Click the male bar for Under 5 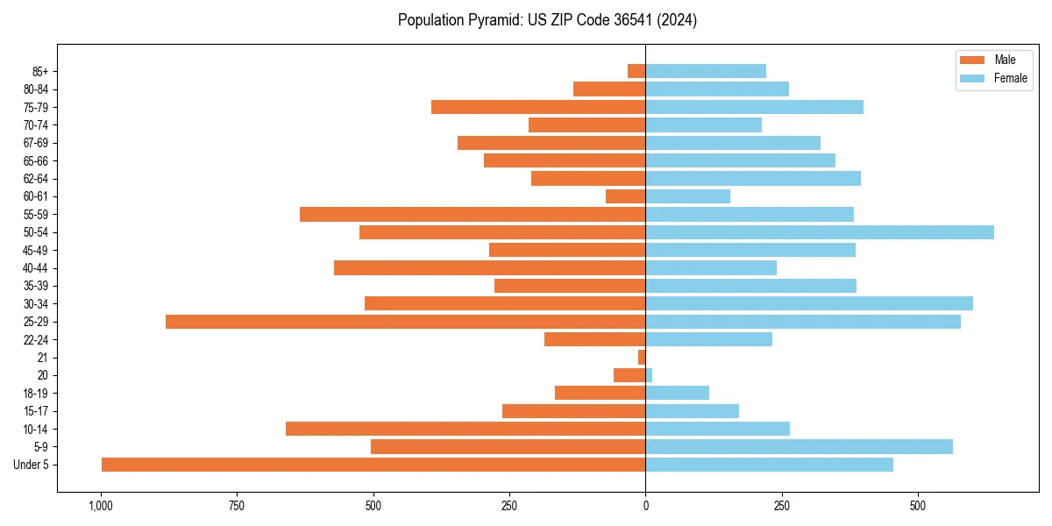pos(373,465)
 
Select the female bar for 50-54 pos(820,232)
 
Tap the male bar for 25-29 pos(405,322)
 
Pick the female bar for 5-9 pos(799,447)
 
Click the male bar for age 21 pos(642,358)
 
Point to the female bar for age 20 pos(649,375)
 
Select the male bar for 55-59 pos(473,215)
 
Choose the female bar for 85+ pos(706,71)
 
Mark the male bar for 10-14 pos(466,429)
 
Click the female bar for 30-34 pos(809,303)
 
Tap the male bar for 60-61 pos(625,196)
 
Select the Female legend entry pos(993,78)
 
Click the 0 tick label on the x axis pos(645,506)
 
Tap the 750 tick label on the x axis pos(237,506)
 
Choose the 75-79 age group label pos(36,107)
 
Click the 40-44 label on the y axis pos(36,268)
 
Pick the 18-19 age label pos(36,394)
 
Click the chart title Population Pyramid pos(547,20)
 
